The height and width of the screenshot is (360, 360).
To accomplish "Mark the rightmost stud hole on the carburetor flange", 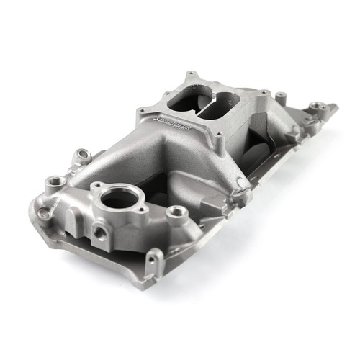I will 266,94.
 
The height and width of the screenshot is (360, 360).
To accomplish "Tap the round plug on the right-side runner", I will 247,192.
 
